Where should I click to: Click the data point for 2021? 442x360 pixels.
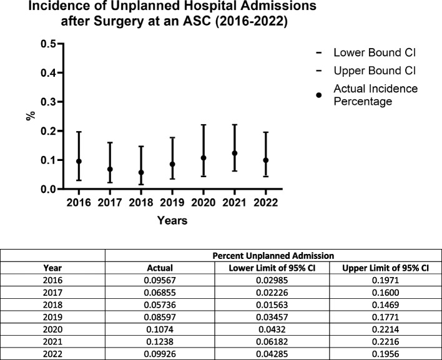point(235,153)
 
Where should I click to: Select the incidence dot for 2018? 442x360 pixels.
point(141,172)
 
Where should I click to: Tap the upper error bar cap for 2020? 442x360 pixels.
point(204,125)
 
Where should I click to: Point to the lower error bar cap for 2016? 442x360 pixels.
point(79,180)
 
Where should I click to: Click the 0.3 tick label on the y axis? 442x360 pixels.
point(49,102)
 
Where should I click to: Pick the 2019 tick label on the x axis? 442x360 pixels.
point(172,203)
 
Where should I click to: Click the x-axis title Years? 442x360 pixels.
point(172,220)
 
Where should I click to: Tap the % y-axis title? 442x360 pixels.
point(31,116)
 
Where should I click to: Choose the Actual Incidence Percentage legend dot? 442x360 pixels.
point(319,95)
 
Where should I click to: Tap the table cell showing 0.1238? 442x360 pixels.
point(160,342)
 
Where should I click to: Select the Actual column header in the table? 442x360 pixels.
point(160,268)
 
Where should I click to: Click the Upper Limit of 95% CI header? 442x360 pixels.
point(385,268)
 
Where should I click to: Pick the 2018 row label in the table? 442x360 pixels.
point(52,305)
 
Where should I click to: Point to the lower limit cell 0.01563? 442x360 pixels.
point(272,305)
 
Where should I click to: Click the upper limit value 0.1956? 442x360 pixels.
point(385,354)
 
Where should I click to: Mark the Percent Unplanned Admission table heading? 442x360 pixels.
point(273,256)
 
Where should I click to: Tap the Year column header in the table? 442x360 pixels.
point(52,268)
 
